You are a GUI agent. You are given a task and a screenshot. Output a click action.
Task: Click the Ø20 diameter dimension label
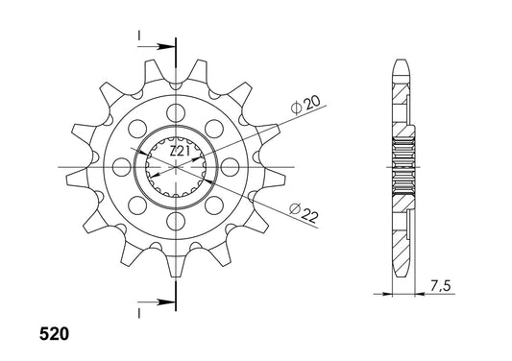point(306,105)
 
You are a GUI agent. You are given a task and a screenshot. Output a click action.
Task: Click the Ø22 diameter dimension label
point(304,212)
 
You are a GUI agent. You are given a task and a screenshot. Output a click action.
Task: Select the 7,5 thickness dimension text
point(440,286)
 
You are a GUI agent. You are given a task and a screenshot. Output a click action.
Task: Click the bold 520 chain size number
point(54,334)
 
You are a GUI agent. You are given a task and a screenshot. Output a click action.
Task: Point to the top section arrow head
point(165,47)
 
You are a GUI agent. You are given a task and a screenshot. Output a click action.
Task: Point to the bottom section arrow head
point(165,301)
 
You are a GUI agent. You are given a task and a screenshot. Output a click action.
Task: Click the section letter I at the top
point(139,36)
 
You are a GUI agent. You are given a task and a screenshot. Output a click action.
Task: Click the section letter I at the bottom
point(139,314)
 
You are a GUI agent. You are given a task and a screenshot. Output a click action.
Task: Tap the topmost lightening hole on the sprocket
point(176,112)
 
